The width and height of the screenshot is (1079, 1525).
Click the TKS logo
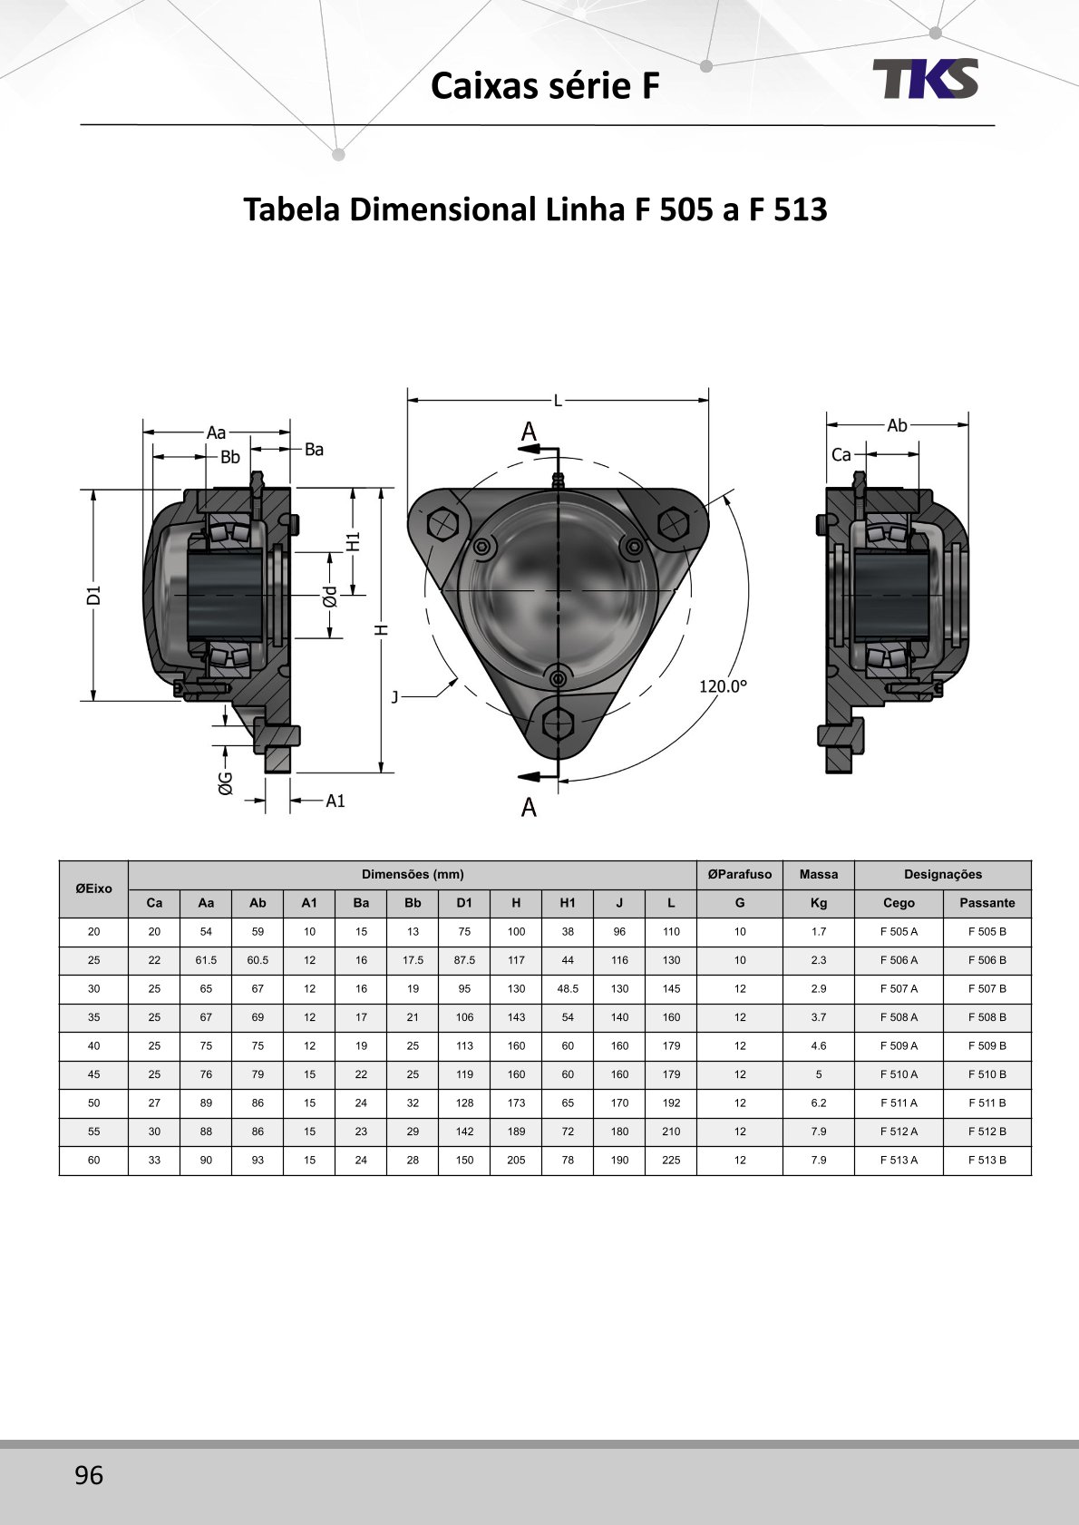925,78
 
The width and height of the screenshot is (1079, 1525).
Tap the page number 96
89,1474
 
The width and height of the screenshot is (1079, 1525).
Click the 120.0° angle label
723,686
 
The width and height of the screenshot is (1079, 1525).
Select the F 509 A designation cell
899,1045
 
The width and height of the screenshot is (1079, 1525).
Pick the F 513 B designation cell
987,1161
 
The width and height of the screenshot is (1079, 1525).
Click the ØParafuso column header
739,874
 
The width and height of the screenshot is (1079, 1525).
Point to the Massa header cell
818,874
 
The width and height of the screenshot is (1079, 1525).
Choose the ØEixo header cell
94,889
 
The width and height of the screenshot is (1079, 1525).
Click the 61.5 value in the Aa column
206,960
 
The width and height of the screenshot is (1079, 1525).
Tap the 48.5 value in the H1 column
568,988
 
